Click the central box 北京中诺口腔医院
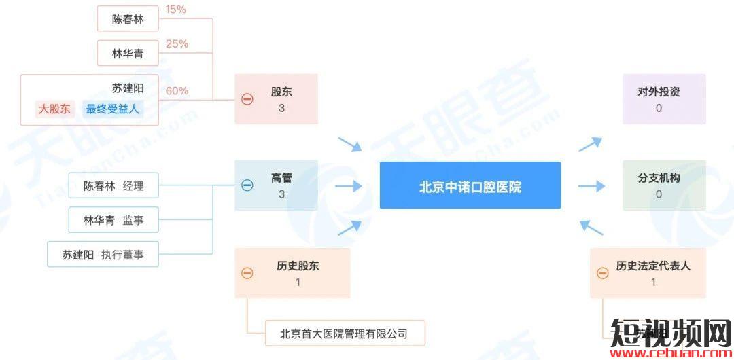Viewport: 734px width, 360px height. (x=470, y=185)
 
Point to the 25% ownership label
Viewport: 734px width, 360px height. (x=177, y=44)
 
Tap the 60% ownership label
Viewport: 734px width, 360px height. (x=177, y=91)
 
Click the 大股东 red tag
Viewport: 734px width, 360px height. (x=54, y=109)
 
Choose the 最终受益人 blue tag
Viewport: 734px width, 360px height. (x=113, y=109)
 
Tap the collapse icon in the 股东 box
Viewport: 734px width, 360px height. (x=247, y=99)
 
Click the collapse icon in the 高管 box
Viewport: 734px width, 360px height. (x=247, y=185)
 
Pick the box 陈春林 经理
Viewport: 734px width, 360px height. (x=113, y=186)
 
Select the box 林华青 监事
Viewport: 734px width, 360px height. (x=113, y=220)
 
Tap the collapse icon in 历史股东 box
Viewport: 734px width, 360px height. (x=247, y=273)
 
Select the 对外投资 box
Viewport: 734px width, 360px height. (x=664, y=99)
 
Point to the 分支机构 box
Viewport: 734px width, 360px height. (x=664, y=185)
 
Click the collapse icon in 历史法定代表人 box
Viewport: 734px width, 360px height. (x=602, y=273)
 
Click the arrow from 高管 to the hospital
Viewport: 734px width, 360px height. (x=349, y=186)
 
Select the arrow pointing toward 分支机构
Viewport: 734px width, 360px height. (x=591, y=186)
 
